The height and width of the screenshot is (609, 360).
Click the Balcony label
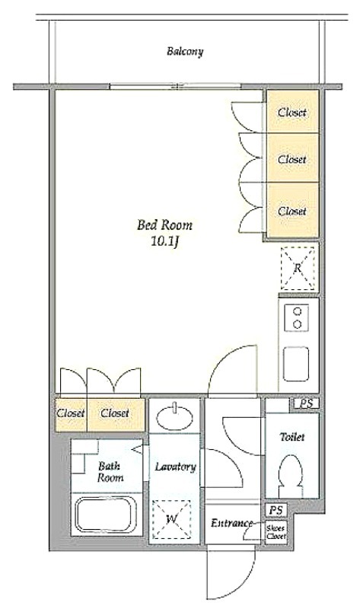click(185, 52)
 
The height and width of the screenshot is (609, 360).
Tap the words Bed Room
click(164, 225)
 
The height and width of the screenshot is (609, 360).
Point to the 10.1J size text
click(165, 242)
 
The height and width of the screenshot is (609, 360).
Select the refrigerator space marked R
click(297, 268)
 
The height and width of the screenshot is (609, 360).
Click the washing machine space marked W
click(172, 519)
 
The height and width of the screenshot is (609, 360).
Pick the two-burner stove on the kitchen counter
click(297, 317)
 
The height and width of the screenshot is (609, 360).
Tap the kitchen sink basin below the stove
click(296, 364)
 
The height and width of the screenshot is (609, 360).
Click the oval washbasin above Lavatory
click(175, 417)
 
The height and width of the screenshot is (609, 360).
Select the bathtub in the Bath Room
click(106, 515)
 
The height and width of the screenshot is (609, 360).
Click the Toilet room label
click(292, 437)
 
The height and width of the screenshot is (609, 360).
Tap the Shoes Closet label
click(276, 532)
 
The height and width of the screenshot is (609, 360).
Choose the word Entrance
click(231, 523)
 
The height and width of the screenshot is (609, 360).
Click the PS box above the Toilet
click(306, 404)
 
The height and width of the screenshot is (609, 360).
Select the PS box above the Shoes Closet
click(276, 510)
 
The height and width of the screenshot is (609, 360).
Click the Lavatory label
click(175, 467)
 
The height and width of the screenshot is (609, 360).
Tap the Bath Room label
click(110, 471)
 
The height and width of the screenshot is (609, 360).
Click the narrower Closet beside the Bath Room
click(71, 414)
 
